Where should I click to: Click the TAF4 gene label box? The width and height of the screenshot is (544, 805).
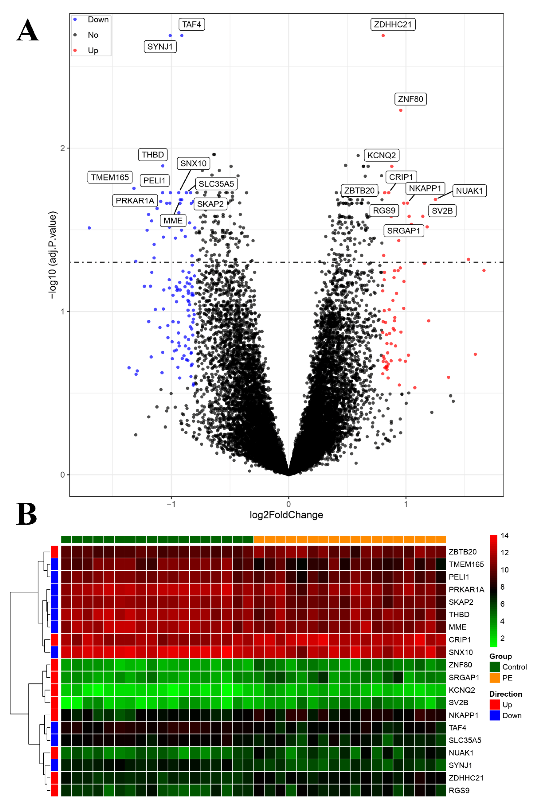coord(191,24)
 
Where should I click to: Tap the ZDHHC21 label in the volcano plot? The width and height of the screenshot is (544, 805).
coord(393,24)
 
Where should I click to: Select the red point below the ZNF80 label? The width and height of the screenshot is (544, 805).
coord(400,110)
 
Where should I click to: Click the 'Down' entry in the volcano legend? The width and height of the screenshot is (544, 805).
coord(98,19)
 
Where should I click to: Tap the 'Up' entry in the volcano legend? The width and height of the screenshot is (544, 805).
coord(93,51)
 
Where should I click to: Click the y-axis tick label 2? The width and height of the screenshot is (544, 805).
coord(62,148)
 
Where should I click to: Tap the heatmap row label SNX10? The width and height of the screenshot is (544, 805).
coord(460,652)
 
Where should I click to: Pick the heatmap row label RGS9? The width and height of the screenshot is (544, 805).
coord(459,790)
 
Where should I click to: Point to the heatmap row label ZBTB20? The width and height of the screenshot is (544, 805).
coord(462,552)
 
